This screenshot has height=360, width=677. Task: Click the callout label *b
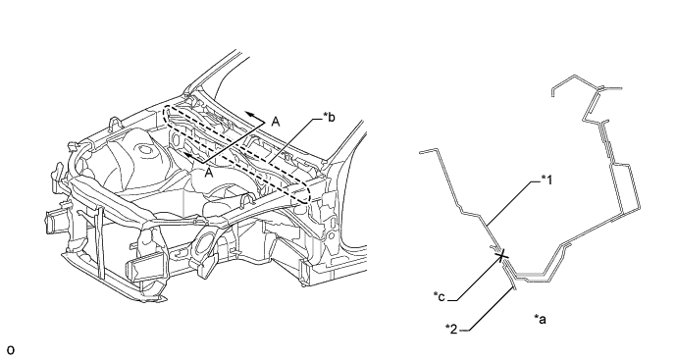329,117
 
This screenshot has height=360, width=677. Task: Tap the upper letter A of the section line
276,123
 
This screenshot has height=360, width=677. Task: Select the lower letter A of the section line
209,173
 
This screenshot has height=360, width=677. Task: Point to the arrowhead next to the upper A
249,115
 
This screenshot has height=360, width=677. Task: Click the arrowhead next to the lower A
188,155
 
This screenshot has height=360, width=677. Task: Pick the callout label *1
547,180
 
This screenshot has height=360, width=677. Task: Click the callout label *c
440,296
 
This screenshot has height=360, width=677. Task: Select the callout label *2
451,329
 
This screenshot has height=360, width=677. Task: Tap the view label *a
540,319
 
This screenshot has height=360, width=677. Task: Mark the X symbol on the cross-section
501,256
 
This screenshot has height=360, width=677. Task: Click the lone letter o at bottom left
11,350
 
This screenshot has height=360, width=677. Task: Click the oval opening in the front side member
203,246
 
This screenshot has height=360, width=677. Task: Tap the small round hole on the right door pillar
331,236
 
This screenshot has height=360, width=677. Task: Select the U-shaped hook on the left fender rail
114,124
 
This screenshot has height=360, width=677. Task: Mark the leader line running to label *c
475,278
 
